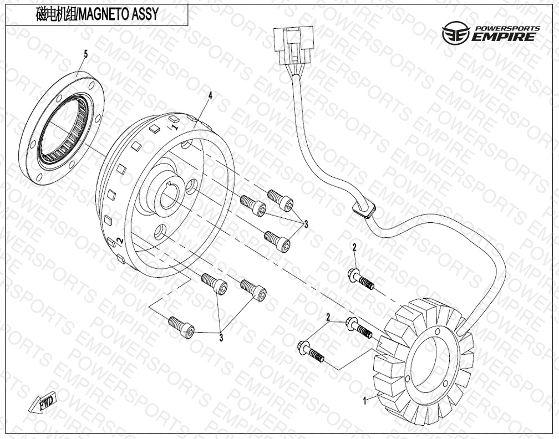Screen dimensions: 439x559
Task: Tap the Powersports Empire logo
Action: pos(489,34)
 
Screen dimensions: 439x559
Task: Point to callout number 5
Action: pos(85,54)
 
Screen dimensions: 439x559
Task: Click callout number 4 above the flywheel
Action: pos(210,96)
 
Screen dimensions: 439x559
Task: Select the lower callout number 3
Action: pos(221,336)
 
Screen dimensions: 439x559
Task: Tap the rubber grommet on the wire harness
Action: pos(363,210)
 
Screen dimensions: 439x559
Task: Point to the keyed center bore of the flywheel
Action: pos(169,196)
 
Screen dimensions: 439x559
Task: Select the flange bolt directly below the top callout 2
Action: pos(360,279)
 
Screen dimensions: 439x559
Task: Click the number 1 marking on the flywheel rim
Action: pos(175,127)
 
